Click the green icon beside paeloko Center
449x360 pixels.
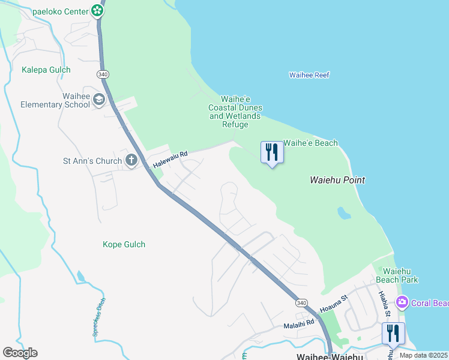97,10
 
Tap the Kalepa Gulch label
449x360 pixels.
46,70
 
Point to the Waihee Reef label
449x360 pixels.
309,75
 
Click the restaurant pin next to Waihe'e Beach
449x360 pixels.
272,152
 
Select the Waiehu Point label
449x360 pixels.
337,179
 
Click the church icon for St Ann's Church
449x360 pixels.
131,160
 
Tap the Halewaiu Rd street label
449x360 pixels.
170,159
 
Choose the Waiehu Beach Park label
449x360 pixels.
396,275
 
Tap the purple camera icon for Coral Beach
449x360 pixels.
402,302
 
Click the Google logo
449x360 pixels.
20,353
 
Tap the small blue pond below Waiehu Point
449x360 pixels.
343,213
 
